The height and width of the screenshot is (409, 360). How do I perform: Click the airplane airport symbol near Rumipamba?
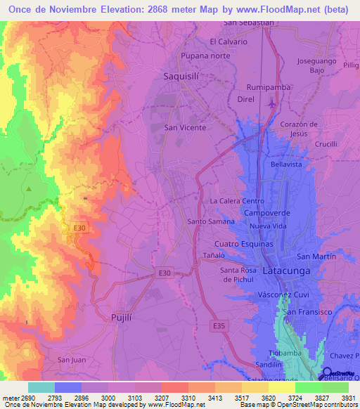tap(271, 104)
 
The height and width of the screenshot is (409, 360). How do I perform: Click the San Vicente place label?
tap(185, 128)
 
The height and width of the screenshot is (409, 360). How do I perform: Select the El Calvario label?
tap(229, 41)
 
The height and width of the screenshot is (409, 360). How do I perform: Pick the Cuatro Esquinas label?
tap(243, 243)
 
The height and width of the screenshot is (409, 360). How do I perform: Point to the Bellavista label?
tap(286, 164)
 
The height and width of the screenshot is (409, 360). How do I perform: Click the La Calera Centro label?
tap(237, 201)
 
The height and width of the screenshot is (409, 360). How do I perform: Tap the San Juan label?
tap(72, 359)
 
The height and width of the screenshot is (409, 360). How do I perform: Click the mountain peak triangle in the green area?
tap(29, 189)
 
